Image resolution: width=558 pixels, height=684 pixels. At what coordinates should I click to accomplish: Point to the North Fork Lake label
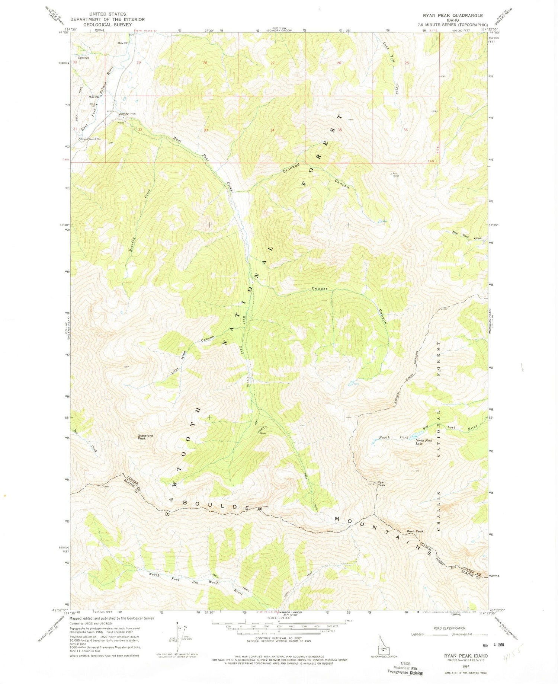424,442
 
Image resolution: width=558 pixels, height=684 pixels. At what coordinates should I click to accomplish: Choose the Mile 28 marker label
93,97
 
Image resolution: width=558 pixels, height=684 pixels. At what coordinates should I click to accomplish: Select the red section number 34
273,130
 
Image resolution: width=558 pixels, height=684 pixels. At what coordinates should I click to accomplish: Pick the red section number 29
139,63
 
